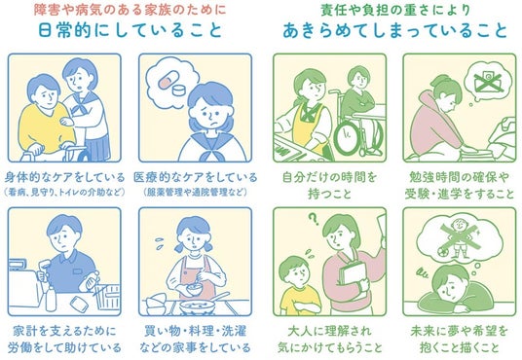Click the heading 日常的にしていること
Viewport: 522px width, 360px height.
tap(130, 30)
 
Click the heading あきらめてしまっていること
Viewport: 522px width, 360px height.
tap(394, 30)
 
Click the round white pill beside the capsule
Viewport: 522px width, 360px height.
tap(180, 90)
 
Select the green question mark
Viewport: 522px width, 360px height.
tap(313, 219)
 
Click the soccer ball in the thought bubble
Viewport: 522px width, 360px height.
tap(442, 253)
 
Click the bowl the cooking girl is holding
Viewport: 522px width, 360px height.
tap(194, 288)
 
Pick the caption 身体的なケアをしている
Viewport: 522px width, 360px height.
tap(64, 177)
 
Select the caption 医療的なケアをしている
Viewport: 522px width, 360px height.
tap(196, 177)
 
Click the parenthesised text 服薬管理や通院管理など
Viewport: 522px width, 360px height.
tap(196, 192)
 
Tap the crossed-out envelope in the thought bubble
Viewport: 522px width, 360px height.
tap(487, 82)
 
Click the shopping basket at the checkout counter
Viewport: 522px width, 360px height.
tap(107, 296)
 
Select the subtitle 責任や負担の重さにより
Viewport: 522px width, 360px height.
tap(395, 10)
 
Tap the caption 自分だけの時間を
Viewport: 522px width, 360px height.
tap(329, 177)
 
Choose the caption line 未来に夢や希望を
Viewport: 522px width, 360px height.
tap(459, 331)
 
